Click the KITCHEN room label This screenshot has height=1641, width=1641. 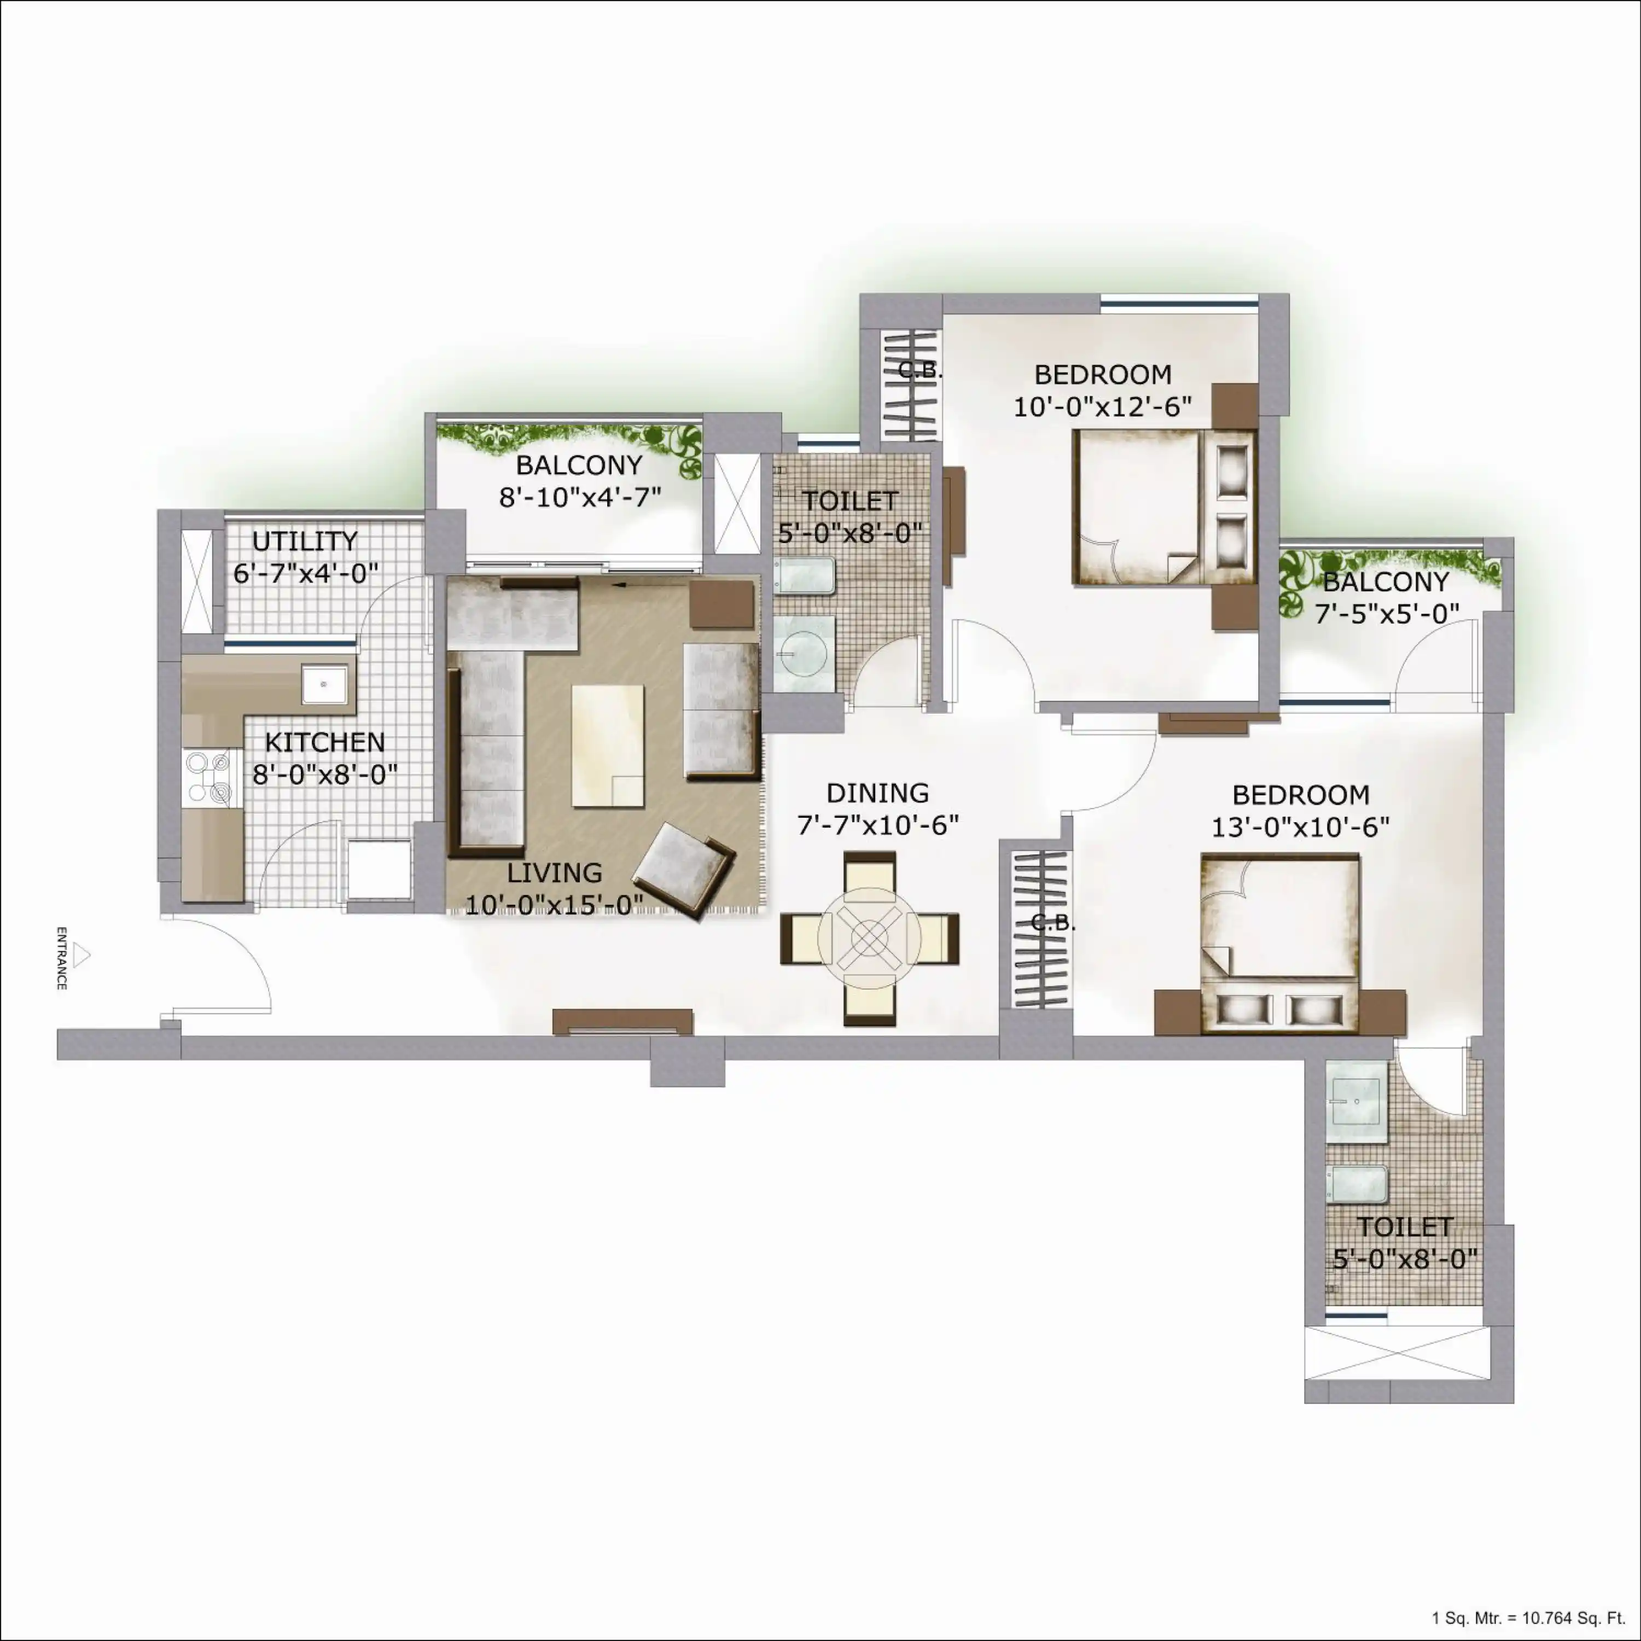[x=324, y=742]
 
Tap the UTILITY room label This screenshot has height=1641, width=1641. [x=305, y=541]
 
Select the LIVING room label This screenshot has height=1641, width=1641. [x=555, y=872]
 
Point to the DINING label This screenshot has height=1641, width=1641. [x=877, y=793]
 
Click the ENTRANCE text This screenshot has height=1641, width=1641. [x=61, y=958]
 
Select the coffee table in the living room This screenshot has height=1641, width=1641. [x=607, y=745]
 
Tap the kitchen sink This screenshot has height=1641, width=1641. [x=324, y=685]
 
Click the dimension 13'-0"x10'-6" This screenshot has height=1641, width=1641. [x=1300, y=827]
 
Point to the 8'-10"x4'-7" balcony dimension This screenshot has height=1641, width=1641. [x=580, y=497]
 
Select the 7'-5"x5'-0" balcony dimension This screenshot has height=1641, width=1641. [x=1387, y=613]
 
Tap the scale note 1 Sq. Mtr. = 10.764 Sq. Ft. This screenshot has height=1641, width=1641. [x=1528, y=1618]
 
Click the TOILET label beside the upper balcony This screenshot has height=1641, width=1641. [x=850, y=501]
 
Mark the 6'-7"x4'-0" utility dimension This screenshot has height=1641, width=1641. [x=306, y=573]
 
